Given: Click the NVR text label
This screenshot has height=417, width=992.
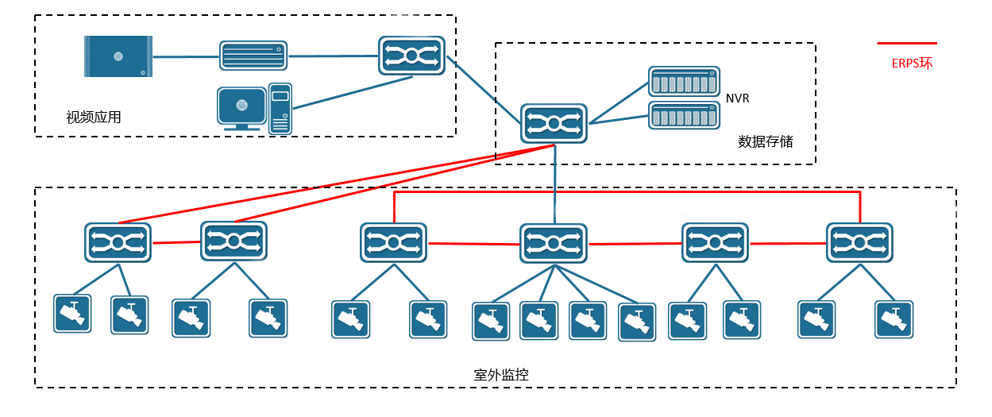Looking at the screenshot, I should click(737, 98).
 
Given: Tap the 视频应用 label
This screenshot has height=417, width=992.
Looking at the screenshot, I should click(94, 118).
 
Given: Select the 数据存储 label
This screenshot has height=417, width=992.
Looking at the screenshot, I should click(765, 142).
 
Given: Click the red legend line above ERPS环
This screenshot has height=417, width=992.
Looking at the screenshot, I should click(906, 43).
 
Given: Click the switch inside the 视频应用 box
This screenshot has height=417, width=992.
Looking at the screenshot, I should click(411, 56).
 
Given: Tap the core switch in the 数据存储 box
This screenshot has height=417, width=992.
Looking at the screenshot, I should click(554, 123).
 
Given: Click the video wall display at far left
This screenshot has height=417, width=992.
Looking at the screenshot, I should click(118, 56).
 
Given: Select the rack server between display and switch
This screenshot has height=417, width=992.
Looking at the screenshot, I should click(253, 56).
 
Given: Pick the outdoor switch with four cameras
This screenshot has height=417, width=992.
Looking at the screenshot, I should click(554, 243).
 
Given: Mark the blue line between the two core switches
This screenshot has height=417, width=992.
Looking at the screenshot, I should click(484, 89).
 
